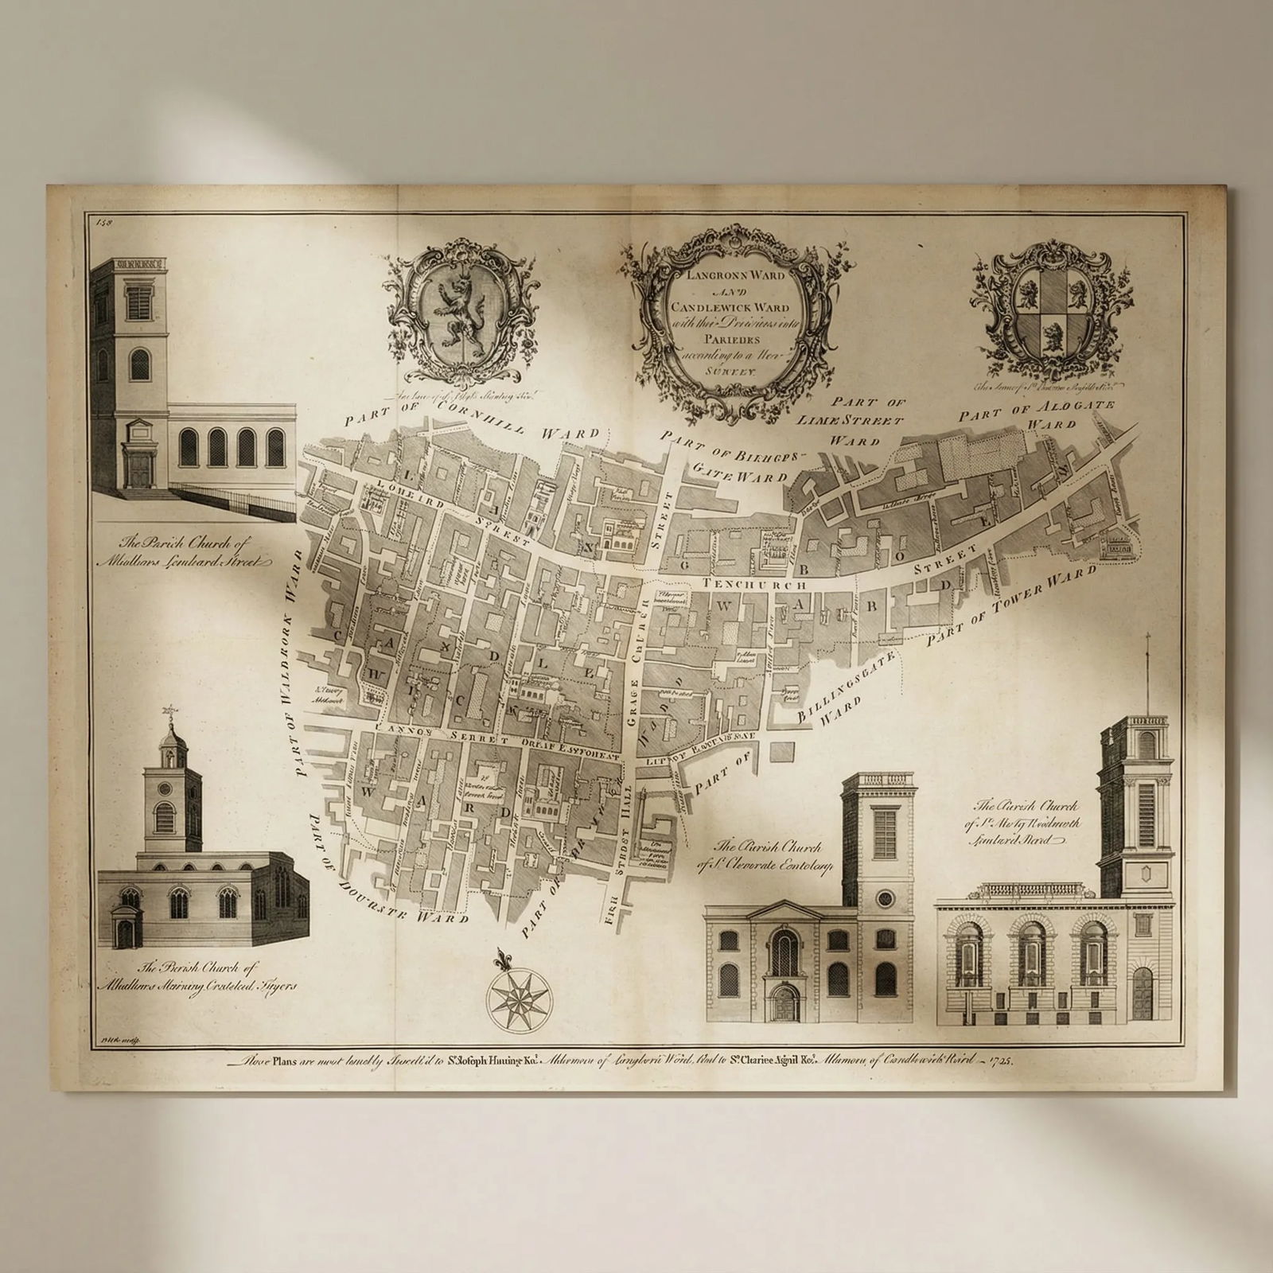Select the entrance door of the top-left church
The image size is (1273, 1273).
pyautogui.click(x=142, y=469)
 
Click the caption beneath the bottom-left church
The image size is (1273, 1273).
pyautogui.click(x=216, y=976)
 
